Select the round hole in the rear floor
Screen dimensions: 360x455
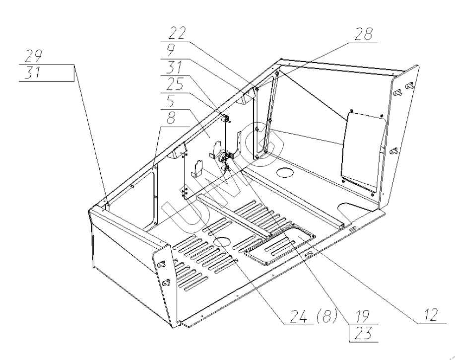click(x=283, y=174)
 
